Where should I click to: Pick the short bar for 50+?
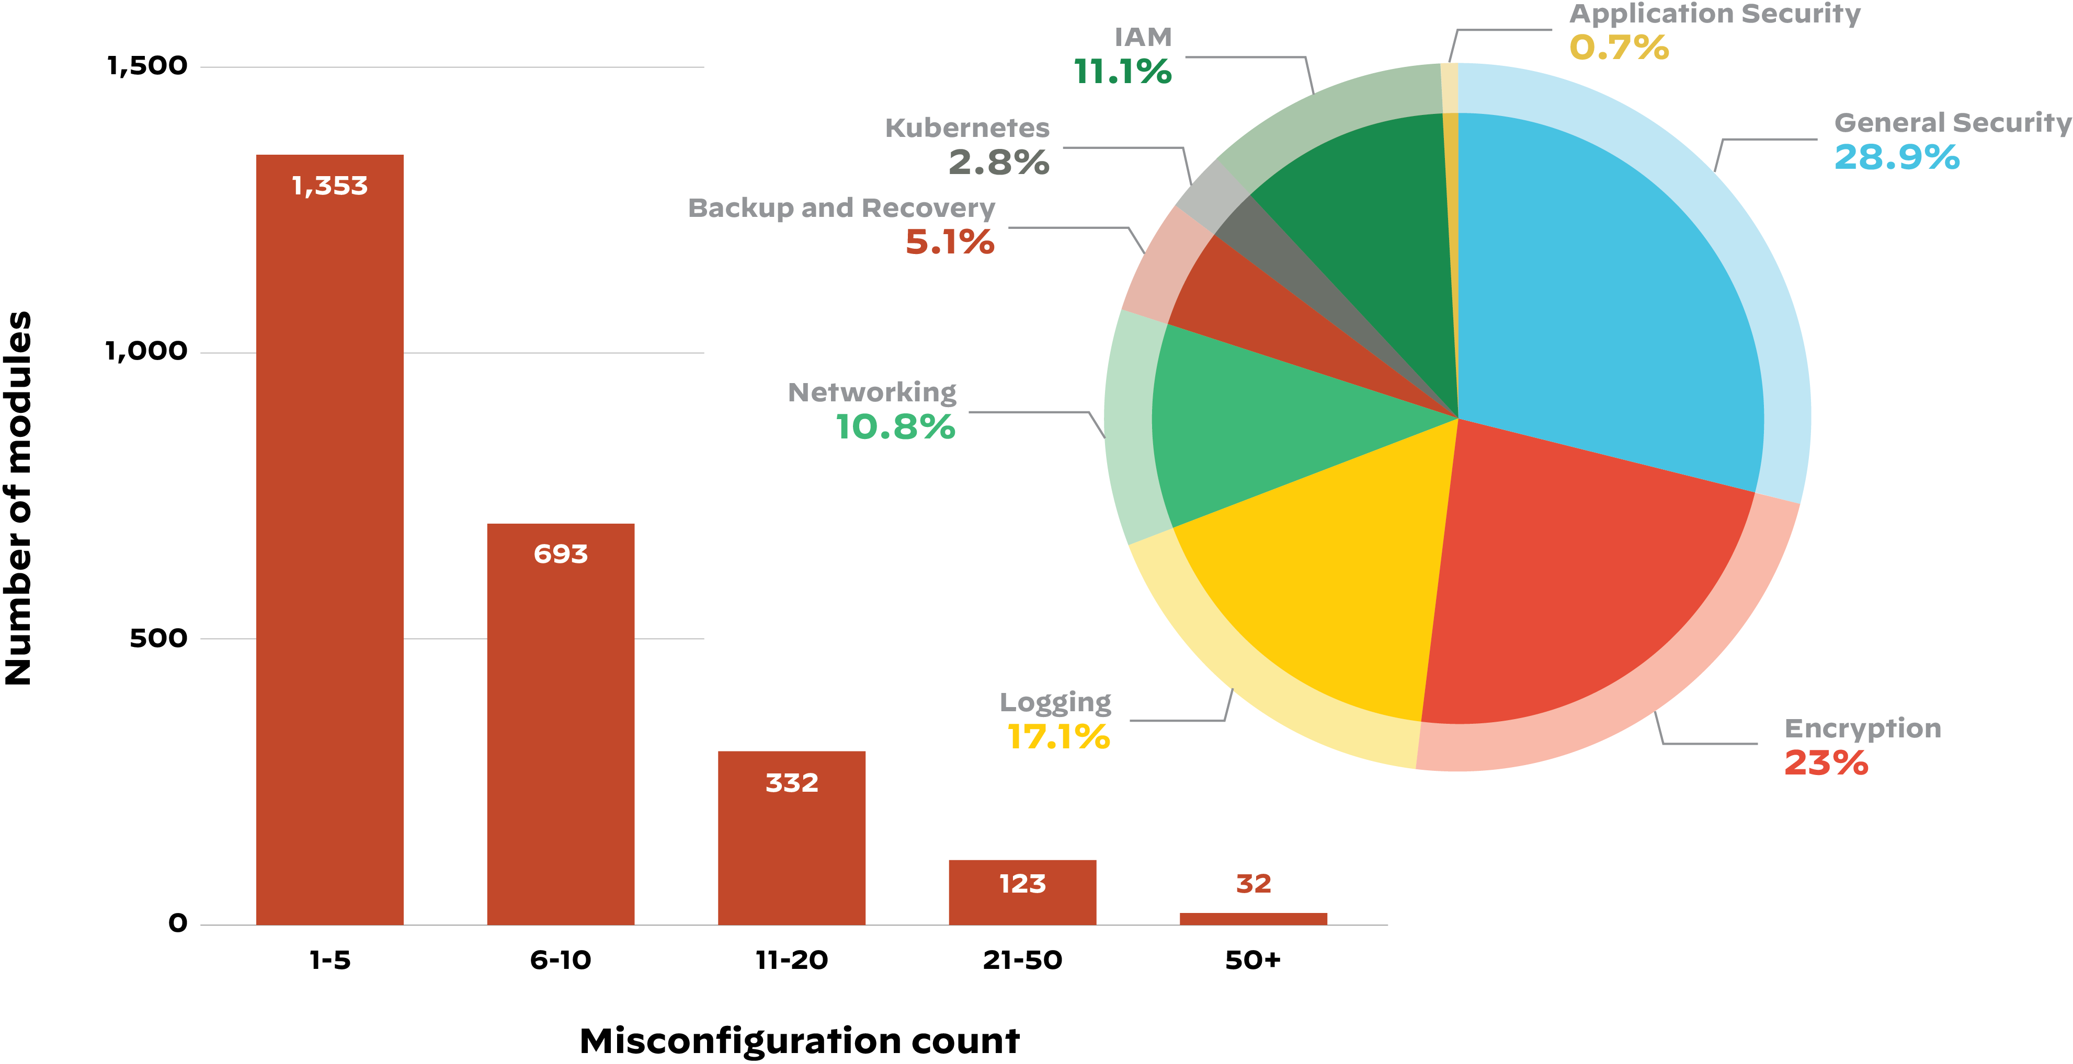pos(1253,918)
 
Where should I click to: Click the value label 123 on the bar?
pos(1022,884)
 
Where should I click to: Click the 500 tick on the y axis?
pos(158,638)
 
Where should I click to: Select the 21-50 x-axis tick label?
pos(1022,959)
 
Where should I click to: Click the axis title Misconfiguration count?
pos(799,1040)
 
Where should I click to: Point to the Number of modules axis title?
pos(18,499)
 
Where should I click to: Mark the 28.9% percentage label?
pos(1897,158)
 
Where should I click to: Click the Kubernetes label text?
pos(967,128)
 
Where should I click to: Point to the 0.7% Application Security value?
pos(1619,48)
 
